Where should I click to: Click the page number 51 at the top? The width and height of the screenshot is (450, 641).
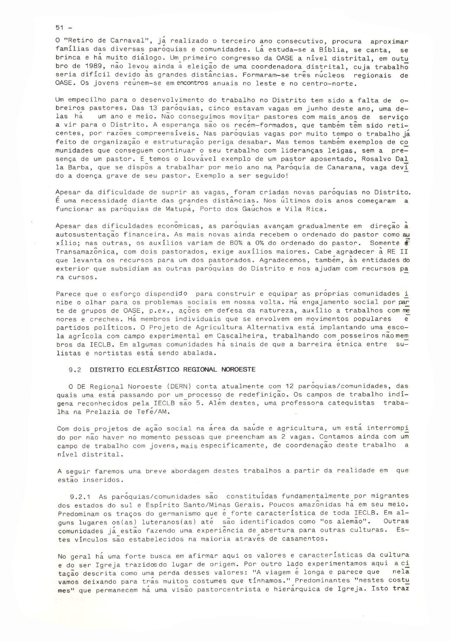59,28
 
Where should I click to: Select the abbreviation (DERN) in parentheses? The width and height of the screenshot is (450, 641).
176,387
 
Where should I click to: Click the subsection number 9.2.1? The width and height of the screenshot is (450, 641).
81,497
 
